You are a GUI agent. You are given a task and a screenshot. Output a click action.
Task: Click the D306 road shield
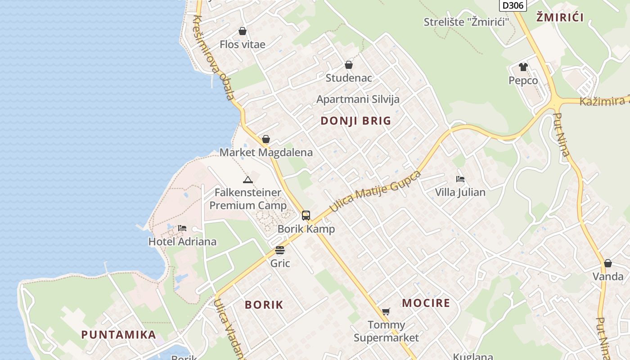513,5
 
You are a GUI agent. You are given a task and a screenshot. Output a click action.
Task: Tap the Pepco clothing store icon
523,67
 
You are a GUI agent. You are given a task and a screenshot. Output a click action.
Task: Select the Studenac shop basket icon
349,65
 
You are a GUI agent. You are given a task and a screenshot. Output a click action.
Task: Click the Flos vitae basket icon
243,31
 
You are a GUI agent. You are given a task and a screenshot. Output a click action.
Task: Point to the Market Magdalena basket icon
266,139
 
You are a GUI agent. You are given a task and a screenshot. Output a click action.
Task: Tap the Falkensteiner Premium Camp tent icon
248,180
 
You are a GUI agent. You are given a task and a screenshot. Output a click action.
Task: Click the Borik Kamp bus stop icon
306,216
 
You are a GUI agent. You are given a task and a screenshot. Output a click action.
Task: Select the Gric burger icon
280,250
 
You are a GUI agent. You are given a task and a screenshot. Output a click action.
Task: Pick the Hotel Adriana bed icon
182,228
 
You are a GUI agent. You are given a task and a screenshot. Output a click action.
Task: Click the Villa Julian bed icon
460,179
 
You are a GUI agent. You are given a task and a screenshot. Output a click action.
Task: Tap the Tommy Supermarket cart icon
386,311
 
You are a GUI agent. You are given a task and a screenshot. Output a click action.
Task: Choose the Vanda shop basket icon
608,263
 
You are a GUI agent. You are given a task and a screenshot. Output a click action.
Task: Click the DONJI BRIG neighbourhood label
355,121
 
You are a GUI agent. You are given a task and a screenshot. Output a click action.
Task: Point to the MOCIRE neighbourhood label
426,303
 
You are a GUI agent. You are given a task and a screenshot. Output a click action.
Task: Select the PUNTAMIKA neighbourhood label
119,335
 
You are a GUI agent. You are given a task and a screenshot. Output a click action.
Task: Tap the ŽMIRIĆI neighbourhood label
560,18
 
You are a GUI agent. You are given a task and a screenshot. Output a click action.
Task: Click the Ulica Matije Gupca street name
375,192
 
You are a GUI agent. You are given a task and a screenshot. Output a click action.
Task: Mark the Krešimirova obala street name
214,58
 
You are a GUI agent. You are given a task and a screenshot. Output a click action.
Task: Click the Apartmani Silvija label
358,99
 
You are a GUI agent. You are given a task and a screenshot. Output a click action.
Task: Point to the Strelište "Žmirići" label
466,22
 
